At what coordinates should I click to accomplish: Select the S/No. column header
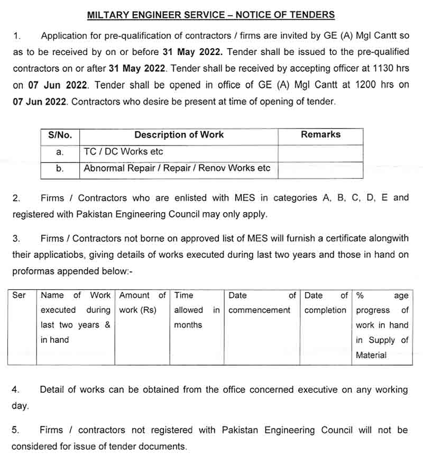point(60,135)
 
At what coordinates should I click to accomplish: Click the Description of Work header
point(179,135)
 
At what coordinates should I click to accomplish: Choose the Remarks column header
point(320,135)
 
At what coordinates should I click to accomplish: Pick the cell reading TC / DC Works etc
point(124,152)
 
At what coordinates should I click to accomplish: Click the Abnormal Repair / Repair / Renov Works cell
point(177,169)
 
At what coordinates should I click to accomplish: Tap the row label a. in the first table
point(60,152)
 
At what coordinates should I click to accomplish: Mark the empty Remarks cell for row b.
point(320,169)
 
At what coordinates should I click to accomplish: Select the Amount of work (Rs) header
point(142,303)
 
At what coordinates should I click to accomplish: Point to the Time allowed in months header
point(197,310)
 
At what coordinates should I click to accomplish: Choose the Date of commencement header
point(262,303)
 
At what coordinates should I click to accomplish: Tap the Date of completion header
point(326,303)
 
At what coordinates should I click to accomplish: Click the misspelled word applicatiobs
point(63,255)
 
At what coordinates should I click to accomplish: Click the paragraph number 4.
point(15,390)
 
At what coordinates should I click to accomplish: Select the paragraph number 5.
point(15,430)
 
